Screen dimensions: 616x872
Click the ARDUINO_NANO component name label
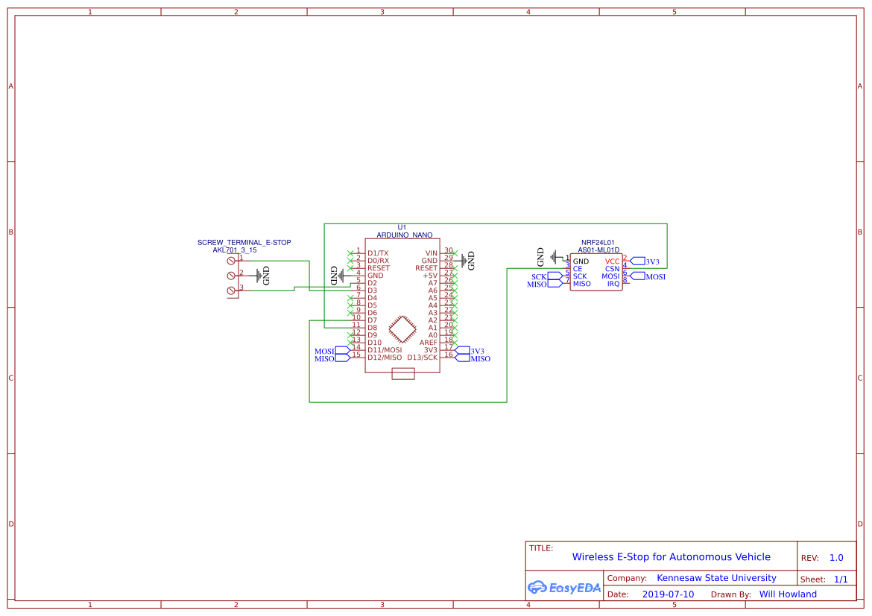[404, 235]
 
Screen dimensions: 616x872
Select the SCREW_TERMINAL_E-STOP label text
[244, 242]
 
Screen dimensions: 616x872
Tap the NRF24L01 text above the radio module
[598, 242]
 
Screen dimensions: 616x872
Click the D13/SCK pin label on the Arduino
[422, 358]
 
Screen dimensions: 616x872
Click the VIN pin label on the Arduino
[431, 253]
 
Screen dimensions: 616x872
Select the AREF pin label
[428, 343]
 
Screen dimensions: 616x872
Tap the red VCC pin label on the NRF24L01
[612, 261]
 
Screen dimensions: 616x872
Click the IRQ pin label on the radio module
[613, 284]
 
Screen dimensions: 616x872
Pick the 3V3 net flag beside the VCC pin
[645, 261]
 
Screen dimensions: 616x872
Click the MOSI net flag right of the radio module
[648, 276]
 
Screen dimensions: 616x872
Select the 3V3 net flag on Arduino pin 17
[470, 351]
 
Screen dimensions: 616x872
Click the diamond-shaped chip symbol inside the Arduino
[402, 329]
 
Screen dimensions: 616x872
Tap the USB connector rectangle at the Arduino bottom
[402, 374]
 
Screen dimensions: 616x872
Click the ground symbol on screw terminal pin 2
[260, 276]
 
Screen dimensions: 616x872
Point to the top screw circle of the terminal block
[231, 261]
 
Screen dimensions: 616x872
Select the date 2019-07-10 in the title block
[667, 594]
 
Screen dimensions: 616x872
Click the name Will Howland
[787, 594]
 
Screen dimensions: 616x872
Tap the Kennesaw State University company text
[715, 578]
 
